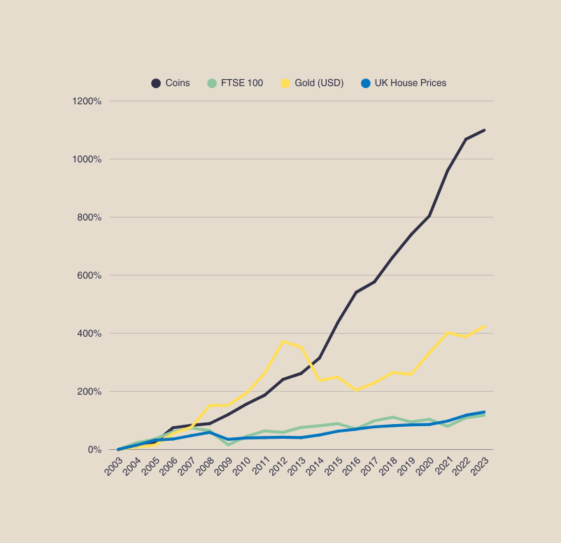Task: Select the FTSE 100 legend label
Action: click(x=241, y=83)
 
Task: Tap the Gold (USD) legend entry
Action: click(x=318, y=83)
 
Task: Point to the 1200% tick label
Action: click(x=87, y=101)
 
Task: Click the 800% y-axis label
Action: click(x=89, y=218)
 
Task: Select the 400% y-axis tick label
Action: click(x=89, y=334)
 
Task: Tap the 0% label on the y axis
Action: click(x=94, y=450)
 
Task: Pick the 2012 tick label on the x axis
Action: click(x=278, y=467)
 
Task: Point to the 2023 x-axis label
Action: click(x=479, y=467)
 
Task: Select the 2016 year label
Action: click(x=351, y=467)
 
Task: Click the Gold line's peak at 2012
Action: click(x=283, y=341)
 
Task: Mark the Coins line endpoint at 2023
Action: click(x=484, y=130)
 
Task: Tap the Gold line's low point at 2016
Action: click(x=356, y=390)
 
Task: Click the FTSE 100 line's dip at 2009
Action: click(x=228, y=445)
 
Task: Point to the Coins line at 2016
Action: click(x=356, y=292)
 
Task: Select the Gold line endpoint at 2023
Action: click(x=484, y=326)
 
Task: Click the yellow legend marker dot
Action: click(x=285, y=83)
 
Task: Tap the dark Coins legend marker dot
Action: click(x=156, y=83)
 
